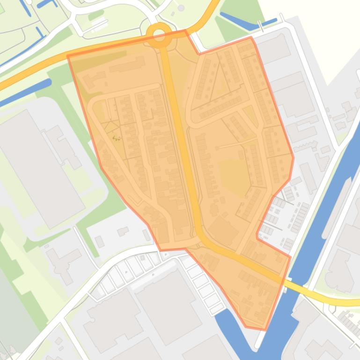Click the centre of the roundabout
(x=159, y=34)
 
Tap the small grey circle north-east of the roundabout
(x=181, y=8)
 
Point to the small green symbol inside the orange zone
(x=116, y=138)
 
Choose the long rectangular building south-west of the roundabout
(x=126, y=65)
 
